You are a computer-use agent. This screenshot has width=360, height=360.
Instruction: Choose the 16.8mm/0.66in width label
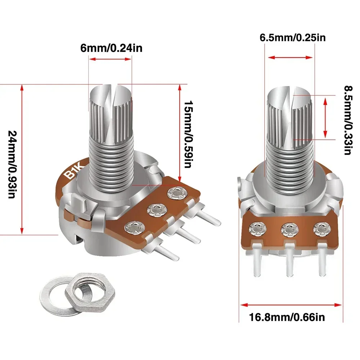pyautogui.click(x=287, y=317)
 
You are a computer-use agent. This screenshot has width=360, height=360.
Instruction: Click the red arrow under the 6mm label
pyautogui.click(x=110, y=60)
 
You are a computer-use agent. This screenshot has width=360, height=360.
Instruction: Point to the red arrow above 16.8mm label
pyautogui.click(x=291, y=305)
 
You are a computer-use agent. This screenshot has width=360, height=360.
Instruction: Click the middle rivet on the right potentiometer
pyautogui.click(x=289, y=228)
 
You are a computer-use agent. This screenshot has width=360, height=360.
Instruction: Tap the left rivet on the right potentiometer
pyautogui.click(x=258, y=228)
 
